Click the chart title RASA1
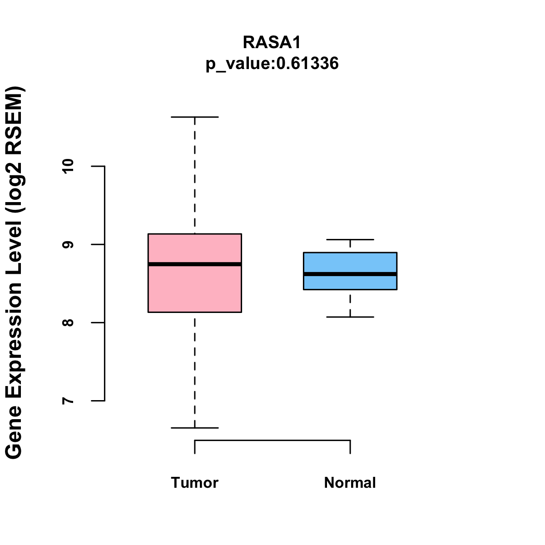(272, 42)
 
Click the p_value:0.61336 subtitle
(272, 63)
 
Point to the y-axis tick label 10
(68, 166)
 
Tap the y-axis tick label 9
(68, 244)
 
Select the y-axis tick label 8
(68, 322)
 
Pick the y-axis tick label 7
(68, 401)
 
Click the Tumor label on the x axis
(194, 482)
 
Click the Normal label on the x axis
(350, 482)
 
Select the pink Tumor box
(194, 291)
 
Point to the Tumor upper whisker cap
(194, 117)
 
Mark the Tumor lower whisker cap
(194, 428)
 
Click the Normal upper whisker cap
(350, 239)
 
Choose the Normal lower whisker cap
(350, 317)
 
